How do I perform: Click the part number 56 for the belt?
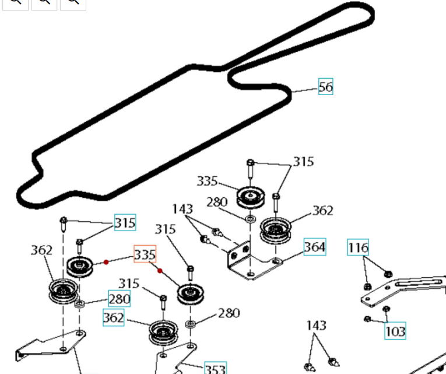[x=325, y=87]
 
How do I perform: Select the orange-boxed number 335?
[x=145, y=254]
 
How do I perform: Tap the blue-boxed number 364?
[x=314, y=247]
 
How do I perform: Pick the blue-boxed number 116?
[x=358, y=247]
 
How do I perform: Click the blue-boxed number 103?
[x=395, y=331]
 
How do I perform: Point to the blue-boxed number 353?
[x=215, y=369]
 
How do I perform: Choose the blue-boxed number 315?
[x=125, y=222]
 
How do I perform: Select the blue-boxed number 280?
[x=119, y=299]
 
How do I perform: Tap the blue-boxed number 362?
[x=113, y=317]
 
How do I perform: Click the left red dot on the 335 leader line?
[x=106, y=263]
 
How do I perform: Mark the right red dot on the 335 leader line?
[x=160, y=271]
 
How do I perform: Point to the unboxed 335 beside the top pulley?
[x=207, y=181]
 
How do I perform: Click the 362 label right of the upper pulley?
[x=322, y=211]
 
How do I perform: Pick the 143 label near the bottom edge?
[x=315, y=325]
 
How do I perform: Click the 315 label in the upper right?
[x=303, y=162]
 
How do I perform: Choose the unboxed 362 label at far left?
[x=41, y=250]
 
